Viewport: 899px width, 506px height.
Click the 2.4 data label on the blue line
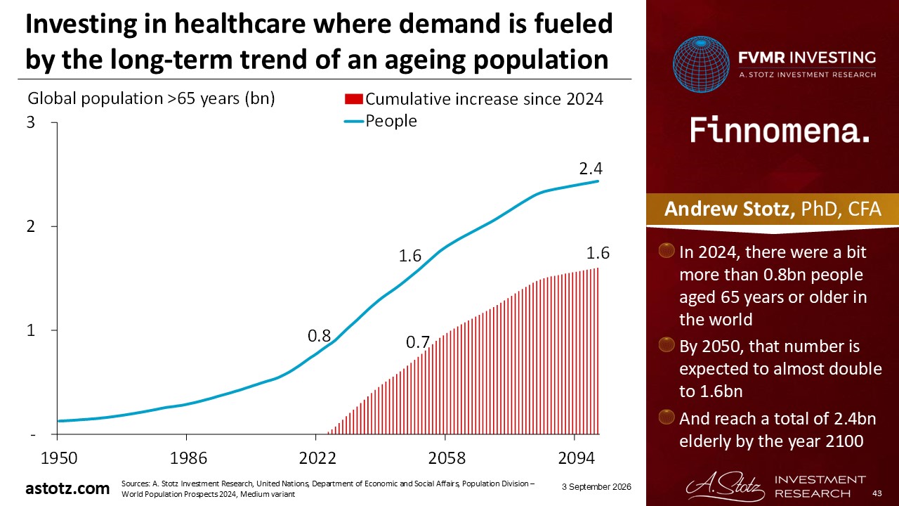click(591, 169)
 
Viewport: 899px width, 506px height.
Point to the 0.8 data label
click(319, 336)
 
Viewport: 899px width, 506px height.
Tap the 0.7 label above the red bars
click(418, 342)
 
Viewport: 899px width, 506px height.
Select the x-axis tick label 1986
click(188, 458)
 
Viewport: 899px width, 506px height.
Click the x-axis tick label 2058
click(447, 458)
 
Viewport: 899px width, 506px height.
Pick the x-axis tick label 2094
click(577, 458)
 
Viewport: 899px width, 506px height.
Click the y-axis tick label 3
click(31, 122)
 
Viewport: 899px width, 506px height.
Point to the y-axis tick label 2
click(31, 226)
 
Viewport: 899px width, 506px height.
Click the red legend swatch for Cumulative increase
click(353, 99)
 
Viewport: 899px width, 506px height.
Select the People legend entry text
click(391, 121)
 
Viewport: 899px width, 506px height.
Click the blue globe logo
click(701, 64)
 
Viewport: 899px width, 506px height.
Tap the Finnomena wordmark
click(780, 130)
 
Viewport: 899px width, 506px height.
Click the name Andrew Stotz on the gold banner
click(729, 209)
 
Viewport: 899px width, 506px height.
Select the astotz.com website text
click(67, 488)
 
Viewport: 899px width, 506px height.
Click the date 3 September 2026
click(596, 487)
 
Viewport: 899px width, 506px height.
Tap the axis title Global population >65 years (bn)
click(151, 99)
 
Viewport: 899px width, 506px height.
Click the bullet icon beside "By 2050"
click(667, 344)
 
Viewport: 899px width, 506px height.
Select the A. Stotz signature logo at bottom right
click(725, 487)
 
